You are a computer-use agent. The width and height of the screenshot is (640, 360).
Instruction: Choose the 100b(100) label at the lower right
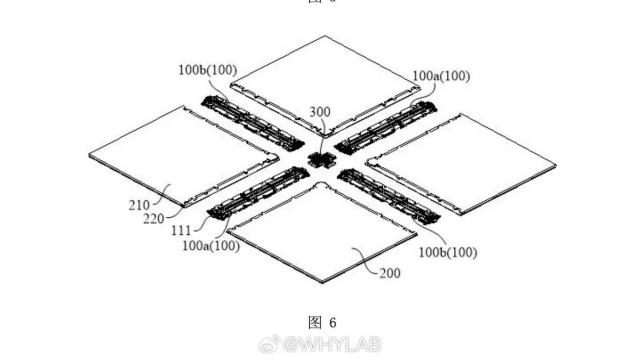click(x=444, y=253)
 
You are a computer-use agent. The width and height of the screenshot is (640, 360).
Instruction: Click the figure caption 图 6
click(x=320, y=322)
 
